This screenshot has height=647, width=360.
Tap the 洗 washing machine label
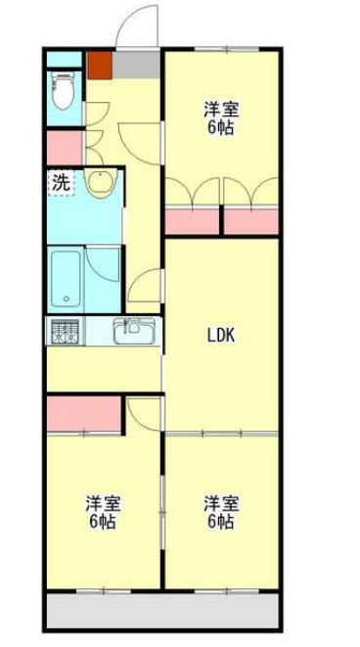pos(61,181)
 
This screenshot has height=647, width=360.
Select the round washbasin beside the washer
pos(99,181)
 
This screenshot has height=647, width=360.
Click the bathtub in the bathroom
pos(67,278)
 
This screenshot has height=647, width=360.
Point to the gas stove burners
pos(64,332)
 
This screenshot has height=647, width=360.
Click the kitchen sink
pos(131,332)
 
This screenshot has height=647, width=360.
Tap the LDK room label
pos(220,336)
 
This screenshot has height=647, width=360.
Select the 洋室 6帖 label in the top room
pos(220,117)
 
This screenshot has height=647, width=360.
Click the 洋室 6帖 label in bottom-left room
pos(101,512)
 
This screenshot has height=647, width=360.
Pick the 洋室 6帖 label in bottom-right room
pos(219,512)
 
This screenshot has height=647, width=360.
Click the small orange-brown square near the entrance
pos(99,64)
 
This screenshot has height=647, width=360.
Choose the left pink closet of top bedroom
pos(192,220)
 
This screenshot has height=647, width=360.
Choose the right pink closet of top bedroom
pos(251,220)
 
